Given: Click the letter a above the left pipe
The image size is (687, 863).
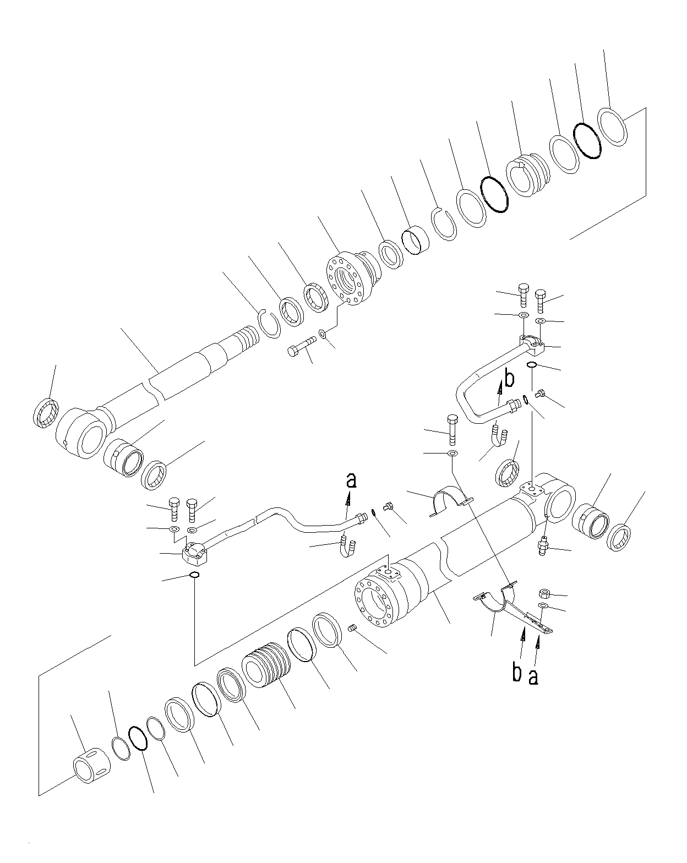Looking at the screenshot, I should (x=351, y=480).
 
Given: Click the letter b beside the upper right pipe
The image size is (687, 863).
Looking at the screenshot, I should (x=509, y=379).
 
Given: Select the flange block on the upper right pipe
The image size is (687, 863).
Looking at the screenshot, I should (x=532, y=344).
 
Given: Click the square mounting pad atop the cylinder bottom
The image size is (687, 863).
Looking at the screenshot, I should (x=531, y=488).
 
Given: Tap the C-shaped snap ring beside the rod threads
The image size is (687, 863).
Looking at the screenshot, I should (x=269, y=321).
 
